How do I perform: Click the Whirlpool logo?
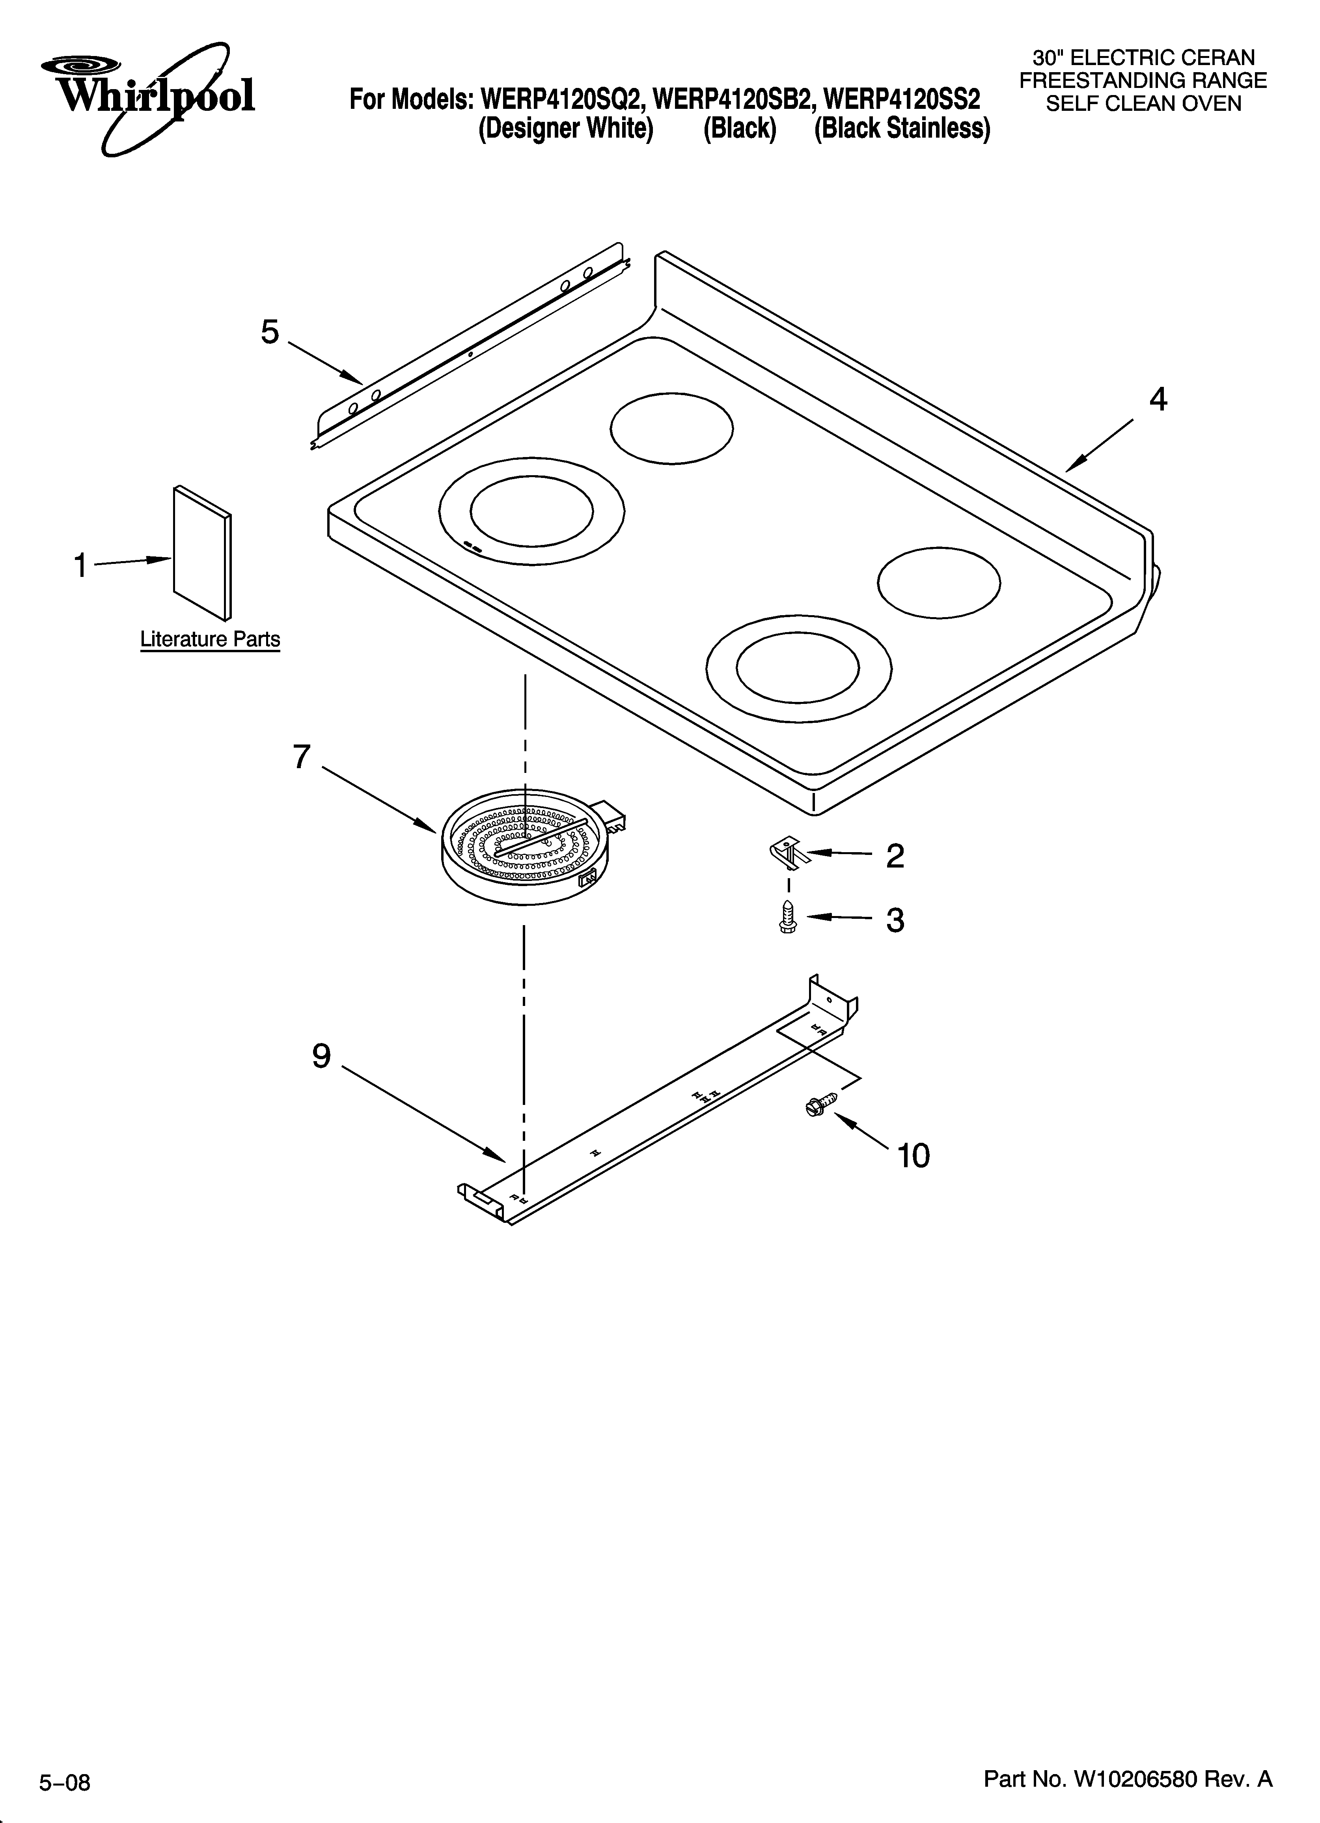coord(149,97)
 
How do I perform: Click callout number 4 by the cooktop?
coord(1158,399)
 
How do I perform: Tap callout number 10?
coord(913,1156)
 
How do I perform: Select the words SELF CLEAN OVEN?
coord(1143,104)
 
